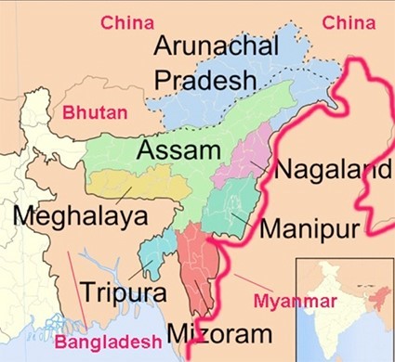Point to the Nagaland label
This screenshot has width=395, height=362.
pos(331,171)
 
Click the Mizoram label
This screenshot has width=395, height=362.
pos(220,332)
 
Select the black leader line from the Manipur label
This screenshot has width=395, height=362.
pos(242,222)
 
